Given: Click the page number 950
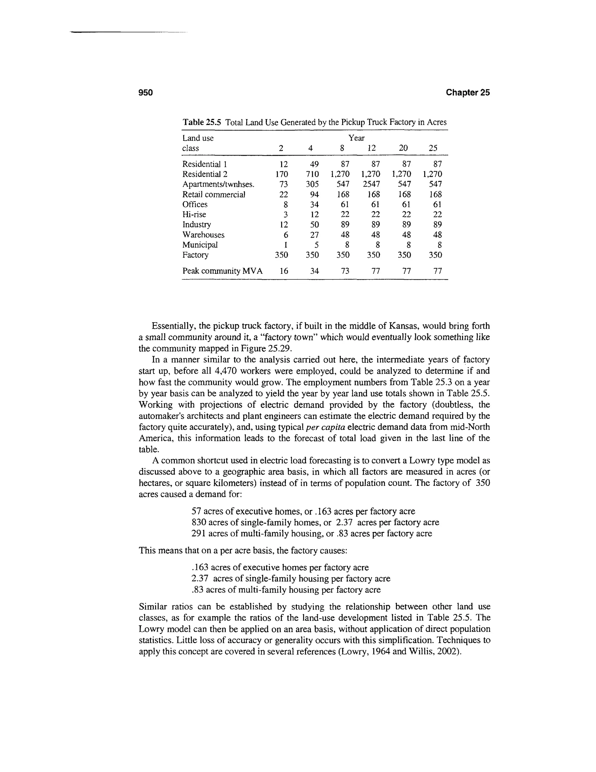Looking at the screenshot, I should point(146,93).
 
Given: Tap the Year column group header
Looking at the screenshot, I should point(356,138).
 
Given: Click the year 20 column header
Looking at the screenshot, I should point(403,148).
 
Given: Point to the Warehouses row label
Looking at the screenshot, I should point(203,235).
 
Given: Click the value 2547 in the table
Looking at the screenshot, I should point(371,184).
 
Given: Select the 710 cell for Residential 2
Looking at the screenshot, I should point(312,174).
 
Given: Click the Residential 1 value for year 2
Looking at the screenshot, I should point(283,164).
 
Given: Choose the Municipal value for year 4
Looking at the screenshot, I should point(316,245).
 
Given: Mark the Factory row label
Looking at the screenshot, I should point(195,255).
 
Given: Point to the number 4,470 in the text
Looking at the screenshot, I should point(225,371).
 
